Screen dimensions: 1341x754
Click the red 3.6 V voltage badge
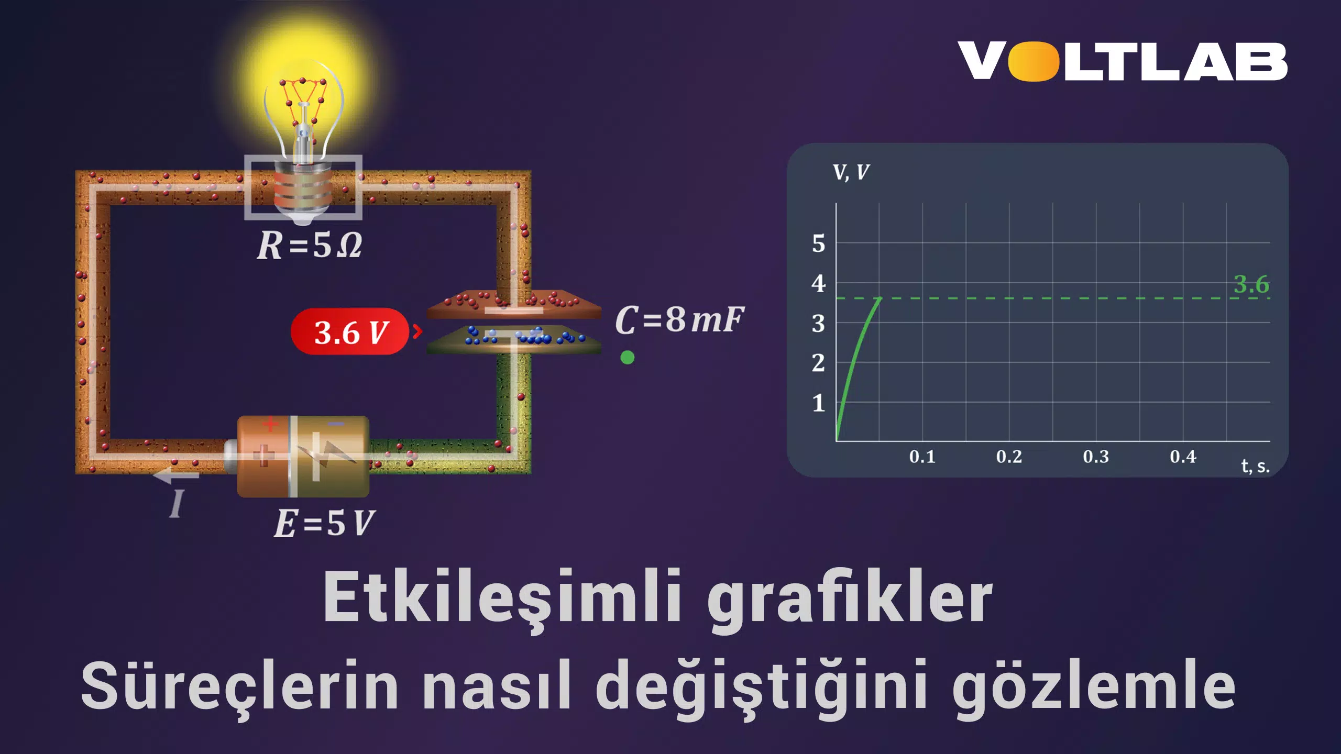(x=350, y=331)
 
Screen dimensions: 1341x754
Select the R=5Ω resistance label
(x=310, y=245)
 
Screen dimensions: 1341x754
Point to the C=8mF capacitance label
(x=679, y=319)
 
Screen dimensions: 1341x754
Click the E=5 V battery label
(x=325, y=523)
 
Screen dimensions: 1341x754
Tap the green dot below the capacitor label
(x=627, y=358)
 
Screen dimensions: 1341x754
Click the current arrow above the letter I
(x=176, y=475)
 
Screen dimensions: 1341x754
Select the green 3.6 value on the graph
(x=1251, y=284)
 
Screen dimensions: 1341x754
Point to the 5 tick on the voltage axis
(x=818, y=243)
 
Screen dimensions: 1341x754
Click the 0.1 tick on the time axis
(x=922, y=457)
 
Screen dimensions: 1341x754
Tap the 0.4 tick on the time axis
(x=1183, y=457)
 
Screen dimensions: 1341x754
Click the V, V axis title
(x=851, y=172)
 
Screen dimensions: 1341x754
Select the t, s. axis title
(x=1255, y=466)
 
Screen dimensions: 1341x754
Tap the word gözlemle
(x=1093, y=687)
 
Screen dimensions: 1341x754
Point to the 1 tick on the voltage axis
(x=818, y=403)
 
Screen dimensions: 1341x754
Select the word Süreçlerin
(x=240, y=684)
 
